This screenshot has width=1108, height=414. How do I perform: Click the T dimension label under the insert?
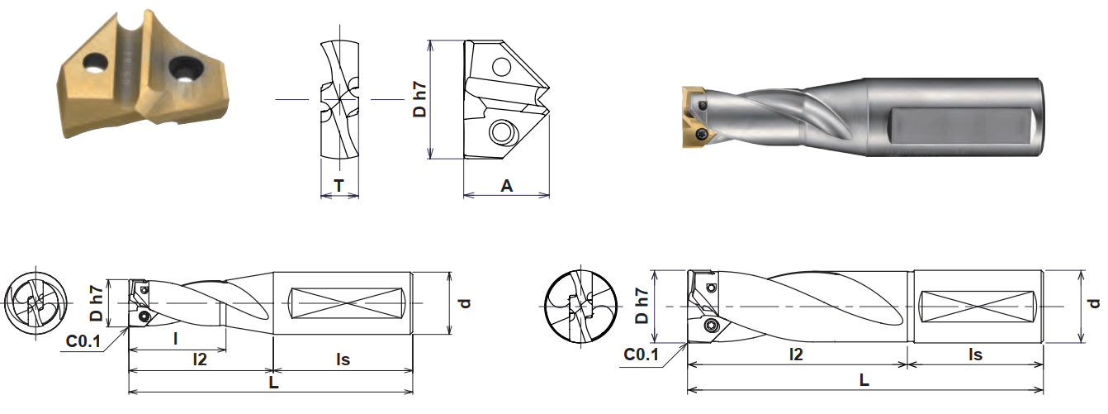pyautogui.click(x=339, y=187)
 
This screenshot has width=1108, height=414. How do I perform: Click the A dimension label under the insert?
pyautogui.click(x=507, y=187)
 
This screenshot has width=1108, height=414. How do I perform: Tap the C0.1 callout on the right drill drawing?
pyautogui.click(x=641, y=355)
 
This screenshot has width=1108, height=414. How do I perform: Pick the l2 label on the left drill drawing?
pyautogui.click(x=199, y=359)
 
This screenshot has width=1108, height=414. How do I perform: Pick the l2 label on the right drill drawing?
pyautogui.click(x=797, y=355)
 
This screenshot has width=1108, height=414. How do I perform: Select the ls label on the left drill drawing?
pyautogui.click(x=343, y=359)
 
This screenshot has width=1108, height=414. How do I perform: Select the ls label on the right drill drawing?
pyautogui.click(x=975, y=355)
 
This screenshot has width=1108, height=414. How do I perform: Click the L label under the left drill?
pyautogui.click(x=273, y=384)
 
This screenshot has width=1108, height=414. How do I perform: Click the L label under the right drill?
pyautogui.click(x=864, y=381)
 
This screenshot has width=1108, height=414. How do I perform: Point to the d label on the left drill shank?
pyautogui.click(x=464, y=303)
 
